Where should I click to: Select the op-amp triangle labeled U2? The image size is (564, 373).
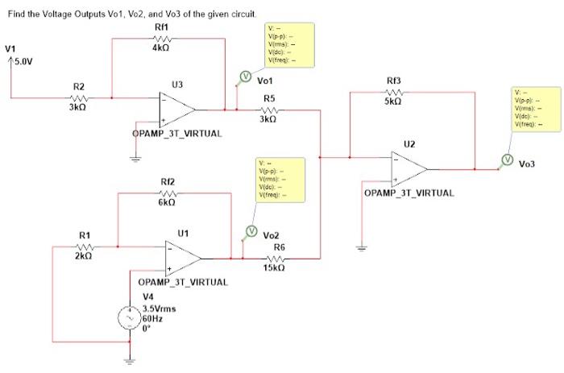click(x=409, y=169)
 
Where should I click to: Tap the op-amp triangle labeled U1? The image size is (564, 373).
click(x=183, y=259)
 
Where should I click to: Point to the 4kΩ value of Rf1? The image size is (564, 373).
click(x=160, y=48)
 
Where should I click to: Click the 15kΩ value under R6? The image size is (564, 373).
click(x=274, y=267)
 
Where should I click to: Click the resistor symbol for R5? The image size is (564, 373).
click(x=270, y=109)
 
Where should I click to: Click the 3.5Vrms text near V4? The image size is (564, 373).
click(x=159, y=309)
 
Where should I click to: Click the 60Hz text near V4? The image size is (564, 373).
click(x=152, y=318)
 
